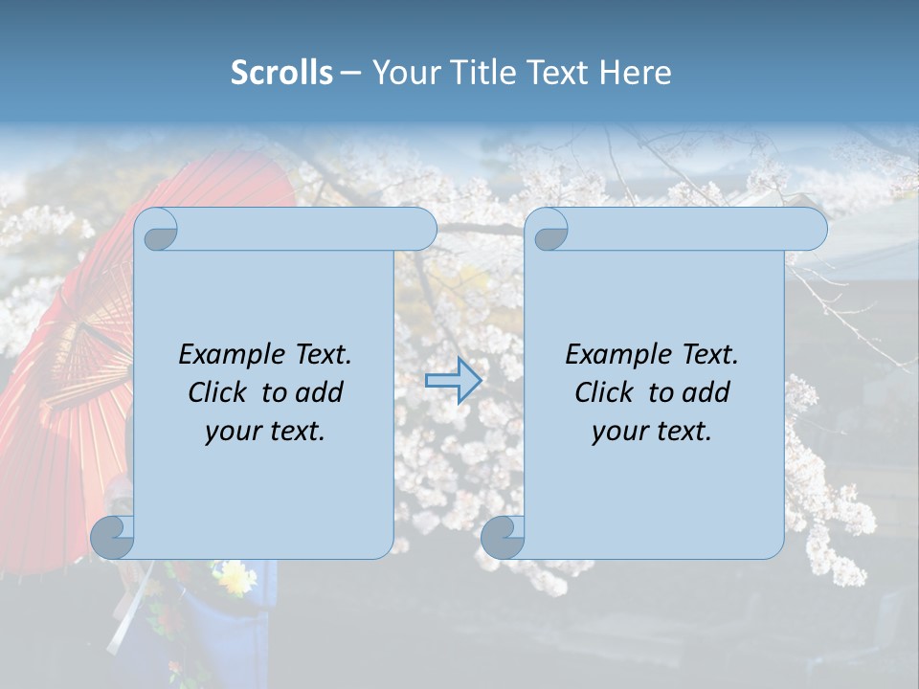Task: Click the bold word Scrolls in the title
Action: pyautogui.click(x=281, y=73)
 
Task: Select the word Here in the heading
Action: pyautogui.click(x=635, y=73)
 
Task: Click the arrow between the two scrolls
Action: pyautogui.click(x=453, y=381)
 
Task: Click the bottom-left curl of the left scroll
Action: pyautogui.click(x=113, y=537)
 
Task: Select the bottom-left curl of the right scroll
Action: pyautogui.click(x=503, y=537)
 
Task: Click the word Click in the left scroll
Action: pyautogui.click(x=216, y=393)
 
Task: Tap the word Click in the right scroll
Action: pyautogui.click(x=603, y=393)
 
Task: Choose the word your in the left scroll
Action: pyautogui.click(x=230, y=432)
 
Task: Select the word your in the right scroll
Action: pyautogui.click(x=616, y=432)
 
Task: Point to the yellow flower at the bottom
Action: pyautogui.click(x=235, y=579)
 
